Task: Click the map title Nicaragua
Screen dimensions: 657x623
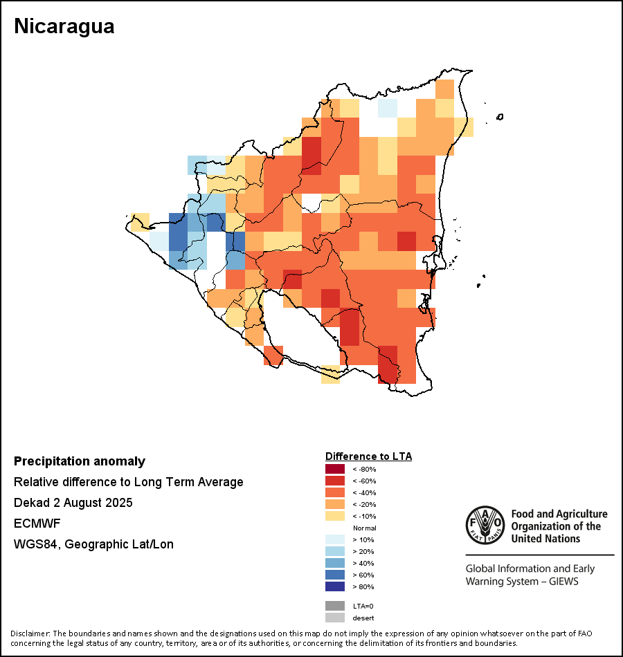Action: pyautogui.click(x=64, y=27)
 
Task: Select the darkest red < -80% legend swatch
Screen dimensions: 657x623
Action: pyautogui.click(x=334, y=469)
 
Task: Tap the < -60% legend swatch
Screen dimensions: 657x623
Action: pyautogui.click(x=334, y=481)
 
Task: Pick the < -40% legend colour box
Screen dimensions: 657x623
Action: pyautogui.click(x=334, y=492)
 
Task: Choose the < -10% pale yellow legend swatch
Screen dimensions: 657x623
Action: pyautogui.click(x=334, y=516)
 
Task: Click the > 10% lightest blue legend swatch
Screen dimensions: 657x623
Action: pyautogui.click(x=334, y=539)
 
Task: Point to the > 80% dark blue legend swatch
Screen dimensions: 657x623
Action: pyautogui.click(x=334, y=586)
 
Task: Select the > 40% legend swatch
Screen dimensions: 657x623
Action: pyautogui.click(x=334, y=563)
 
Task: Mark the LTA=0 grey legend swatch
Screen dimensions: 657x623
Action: pyautogui.click(x=334, y=606)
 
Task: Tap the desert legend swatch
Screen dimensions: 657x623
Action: pyautogui.click(x=334, y=618)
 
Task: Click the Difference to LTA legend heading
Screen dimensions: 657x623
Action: pyautogui.click(x=368, y=456)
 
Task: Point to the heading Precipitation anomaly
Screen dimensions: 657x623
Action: pyautogui.click(x=80, y=461)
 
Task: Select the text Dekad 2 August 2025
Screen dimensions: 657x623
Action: pyautogui.click(x=73, y=503)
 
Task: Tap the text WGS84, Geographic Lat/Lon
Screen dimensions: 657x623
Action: pyautogui.click(x=93, y=544)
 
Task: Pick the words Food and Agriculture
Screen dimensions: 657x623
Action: pyautogui.click(x=559, y=514)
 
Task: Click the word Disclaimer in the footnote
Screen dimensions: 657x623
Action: pyautogui.click(x=30, y=633)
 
